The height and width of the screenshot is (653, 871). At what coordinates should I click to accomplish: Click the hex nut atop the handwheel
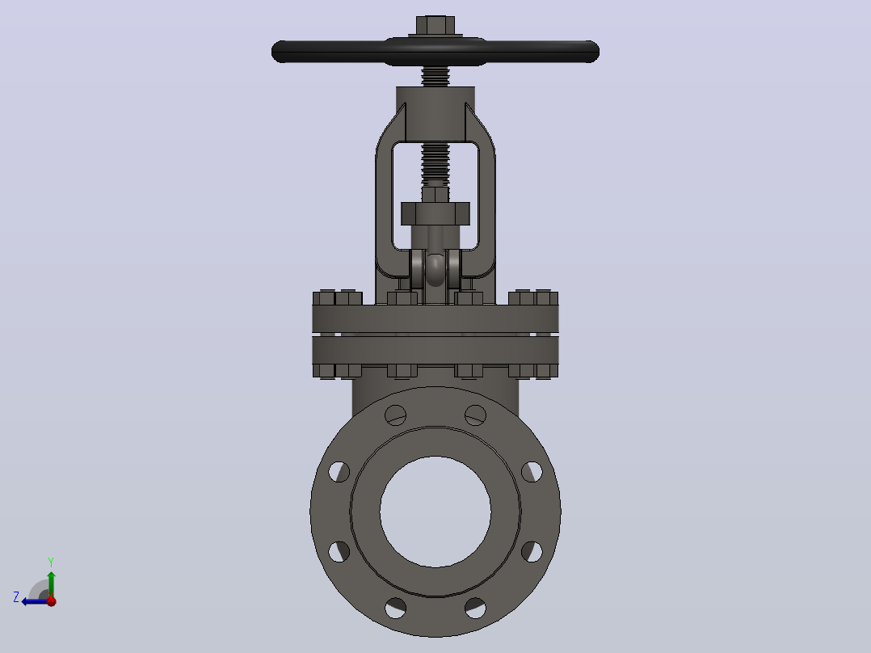tap(435, 25)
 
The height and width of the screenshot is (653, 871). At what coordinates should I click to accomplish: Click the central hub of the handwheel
tap(435, 52)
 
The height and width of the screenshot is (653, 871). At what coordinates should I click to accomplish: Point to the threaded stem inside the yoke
tap(435, 165)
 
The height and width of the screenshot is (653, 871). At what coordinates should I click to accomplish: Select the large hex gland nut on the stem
tap(435, 213)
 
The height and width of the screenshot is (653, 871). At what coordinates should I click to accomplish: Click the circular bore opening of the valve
tap(435, 512)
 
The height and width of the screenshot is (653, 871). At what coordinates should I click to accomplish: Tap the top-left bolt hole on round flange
tap(396, 415)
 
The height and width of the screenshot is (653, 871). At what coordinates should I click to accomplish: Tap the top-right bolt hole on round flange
tap(475, 415)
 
